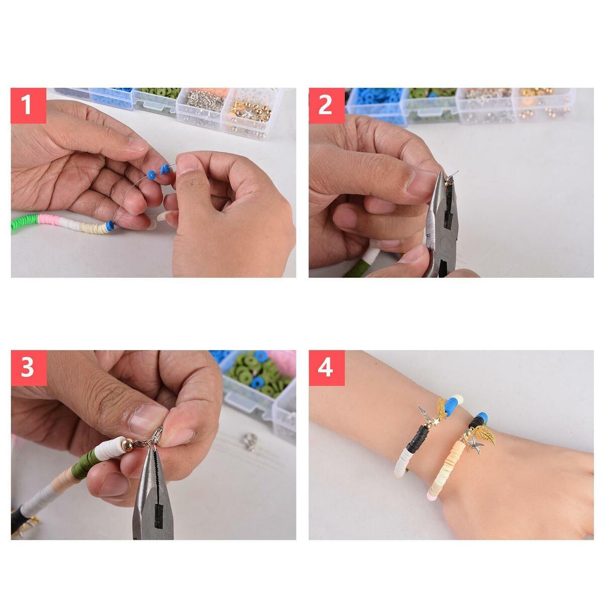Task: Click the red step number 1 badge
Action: coord(29,106)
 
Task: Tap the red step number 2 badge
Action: coord(327,106)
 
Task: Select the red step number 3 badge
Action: coord(29,368)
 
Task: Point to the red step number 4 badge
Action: coord(327,368)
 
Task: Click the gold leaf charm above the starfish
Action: coord(483,434)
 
